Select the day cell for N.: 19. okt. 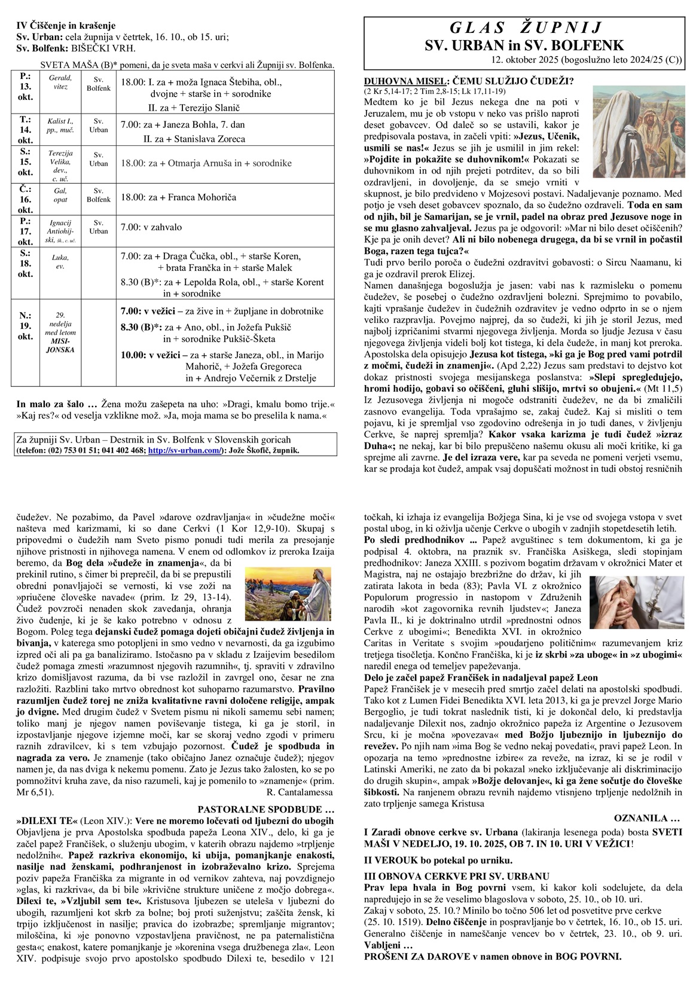(26, 326)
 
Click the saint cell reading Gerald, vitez (60, 82)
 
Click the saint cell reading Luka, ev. (60, 262)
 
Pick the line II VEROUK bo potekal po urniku (438, 860)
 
